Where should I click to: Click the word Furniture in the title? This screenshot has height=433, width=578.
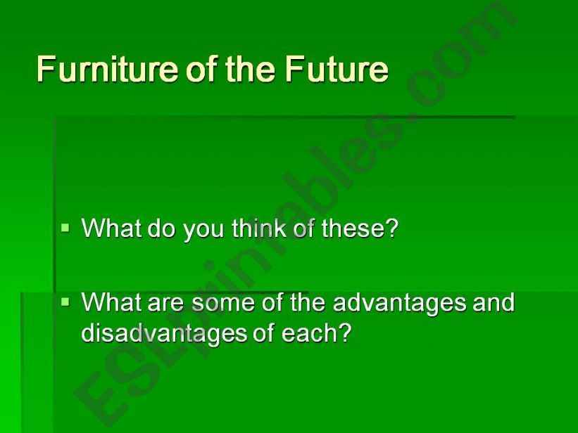tap(107, 69)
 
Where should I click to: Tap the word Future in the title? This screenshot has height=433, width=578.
tap(337, 69)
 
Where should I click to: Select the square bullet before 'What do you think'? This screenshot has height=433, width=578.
tap(66, 228)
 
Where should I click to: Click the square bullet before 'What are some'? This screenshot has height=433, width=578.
tap(66, 303)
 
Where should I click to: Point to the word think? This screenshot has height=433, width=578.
tap(259, 228)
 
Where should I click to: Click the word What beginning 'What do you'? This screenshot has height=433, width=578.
tap(111, 228)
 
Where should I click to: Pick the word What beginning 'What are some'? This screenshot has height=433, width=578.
tap(111, 302)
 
